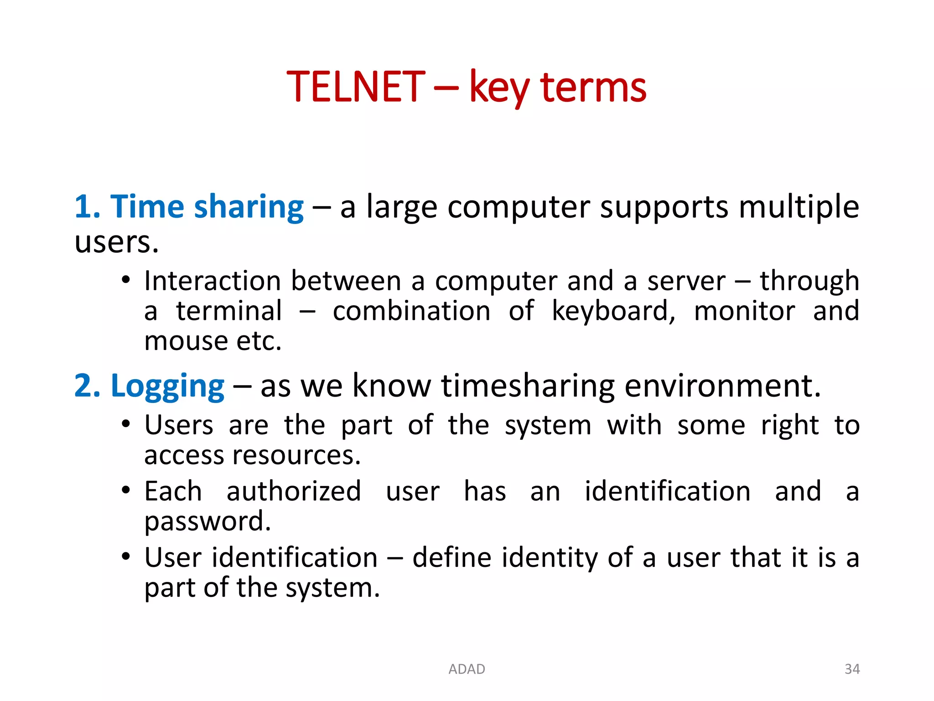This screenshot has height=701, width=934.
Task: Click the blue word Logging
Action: (x=167, y=386)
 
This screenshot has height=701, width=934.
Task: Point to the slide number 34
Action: (x=852, y=669)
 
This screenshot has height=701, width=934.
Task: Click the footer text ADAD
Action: (x=467, y=669)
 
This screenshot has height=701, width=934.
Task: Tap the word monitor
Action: (x=744, y=311)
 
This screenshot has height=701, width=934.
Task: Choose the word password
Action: (x=208, y=522)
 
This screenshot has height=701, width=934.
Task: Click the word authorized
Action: (x=294, y=492)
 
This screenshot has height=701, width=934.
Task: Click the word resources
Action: (x=296, y=455)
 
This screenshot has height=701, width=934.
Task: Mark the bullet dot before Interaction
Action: (x=126, y=280)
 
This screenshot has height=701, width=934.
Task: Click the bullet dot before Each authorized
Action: (x=126, y=491)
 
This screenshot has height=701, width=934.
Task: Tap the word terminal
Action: (x=229, y=311)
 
